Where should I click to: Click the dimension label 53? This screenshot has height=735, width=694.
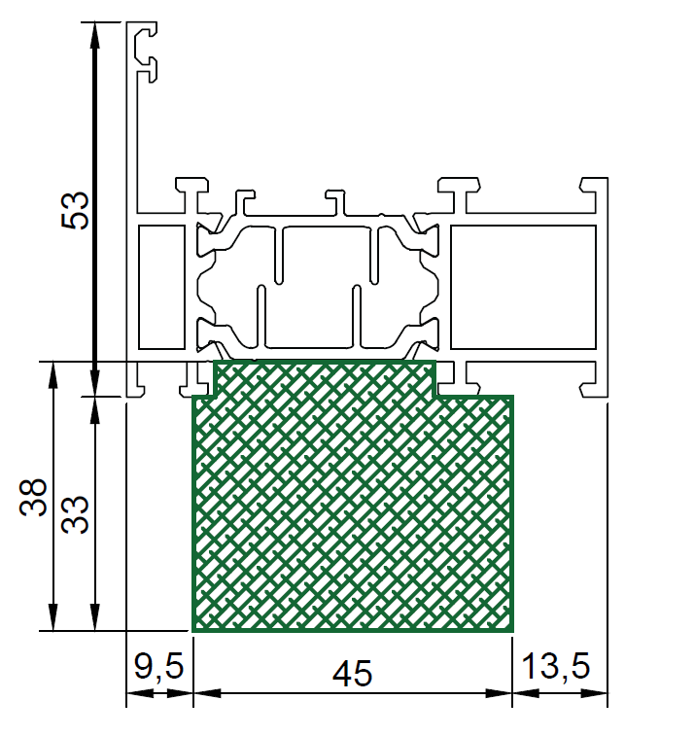76,210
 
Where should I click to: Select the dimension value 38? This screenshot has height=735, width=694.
33,498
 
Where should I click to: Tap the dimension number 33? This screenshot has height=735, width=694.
75,514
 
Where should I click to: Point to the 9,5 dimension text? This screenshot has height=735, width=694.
158,667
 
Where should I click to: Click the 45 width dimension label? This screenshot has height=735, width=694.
353,674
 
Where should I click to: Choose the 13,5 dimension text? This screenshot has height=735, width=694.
556,666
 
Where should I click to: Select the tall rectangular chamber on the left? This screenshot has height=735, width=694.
161,288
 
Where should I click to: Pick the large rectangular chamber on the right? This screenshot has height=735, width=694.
523,288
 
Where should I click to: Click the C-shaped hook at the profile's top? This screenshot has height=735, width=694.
145,52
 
